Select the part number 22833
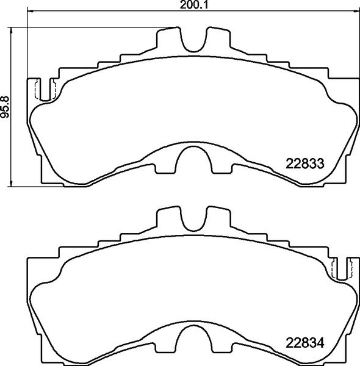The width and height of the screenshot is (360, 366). coord(304,163)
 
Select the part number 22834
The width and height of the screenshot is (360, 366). coord(304,342)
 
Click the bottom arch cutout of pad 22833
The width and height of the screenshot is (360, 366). coord(195,163)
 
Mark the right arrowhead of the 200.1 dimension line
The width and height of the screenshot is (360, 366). coord(357,13)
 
